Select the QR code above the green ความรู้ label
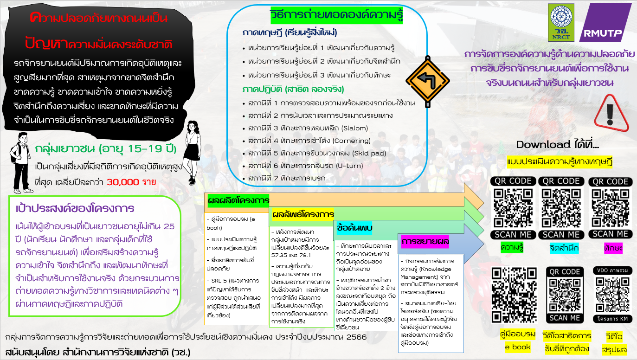coord(513,207)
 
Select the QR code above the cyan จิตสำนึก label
coord(561,207)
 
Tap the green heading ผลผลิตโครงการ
coord(238,200)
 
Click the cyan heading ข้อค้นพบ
coord(355,228)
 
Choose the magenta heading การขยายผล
coord(425,242)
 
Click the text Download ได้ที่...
coord(557,144)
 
